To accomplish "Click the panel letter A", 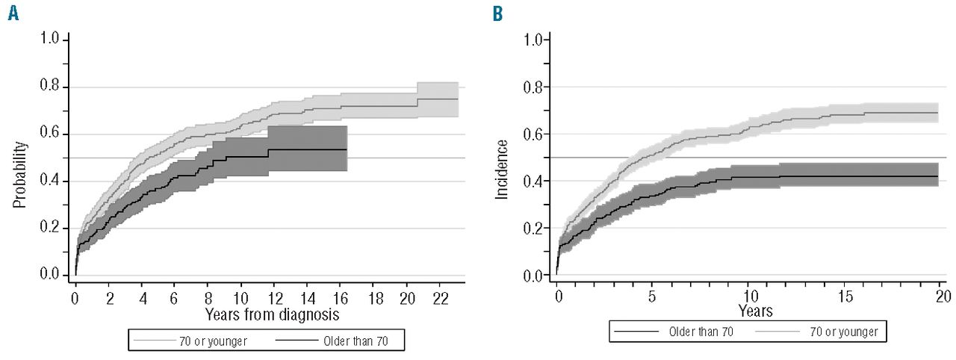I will [x=13, y=13].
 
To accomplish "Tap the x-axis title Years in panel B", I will [x=755, y=308].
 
